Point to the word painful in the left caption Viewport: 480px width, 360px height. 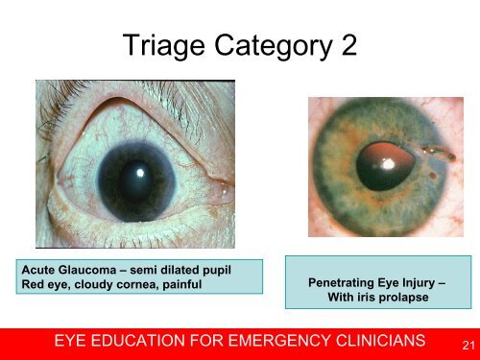pyautogui.click(x=180, y=281)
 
